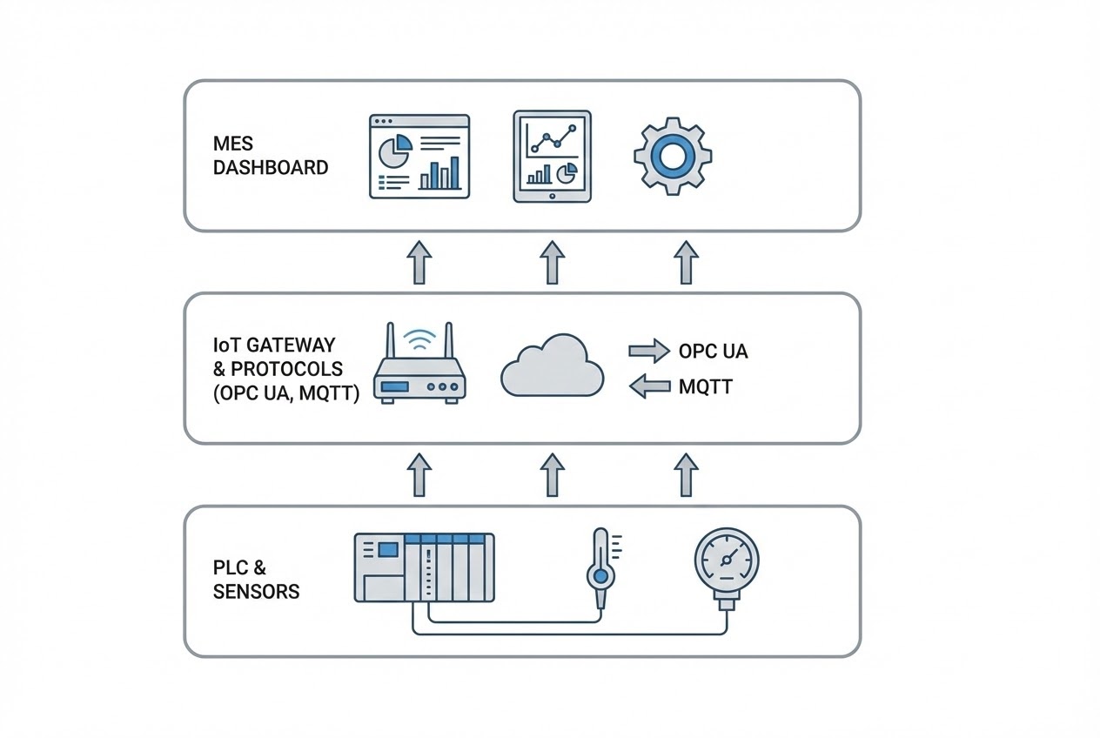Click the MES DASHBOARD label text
[271, 156]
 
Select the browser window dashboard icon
[419, 156]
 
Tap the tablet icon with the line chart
[552, 156]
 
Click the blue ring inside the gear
[672, 157]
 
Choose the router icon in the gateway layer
[419, 374]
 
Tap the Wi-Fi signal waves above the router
[419, 339]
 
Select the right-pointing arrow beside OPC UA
[648, 352]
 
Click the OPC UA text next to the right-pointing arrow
[713, 352]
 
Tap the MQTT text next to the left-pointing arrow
[705, 386]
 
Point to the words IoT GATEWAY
[273, 346]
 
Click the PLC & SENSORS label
[256, 580]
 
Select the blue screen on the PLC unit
[388, 549]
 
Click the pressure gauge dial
[726, 558]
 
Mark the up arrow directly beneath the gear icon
[687, 262]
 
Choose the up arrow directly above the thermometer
[552, 474]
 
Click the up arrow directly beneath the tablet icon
[552, 262]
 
